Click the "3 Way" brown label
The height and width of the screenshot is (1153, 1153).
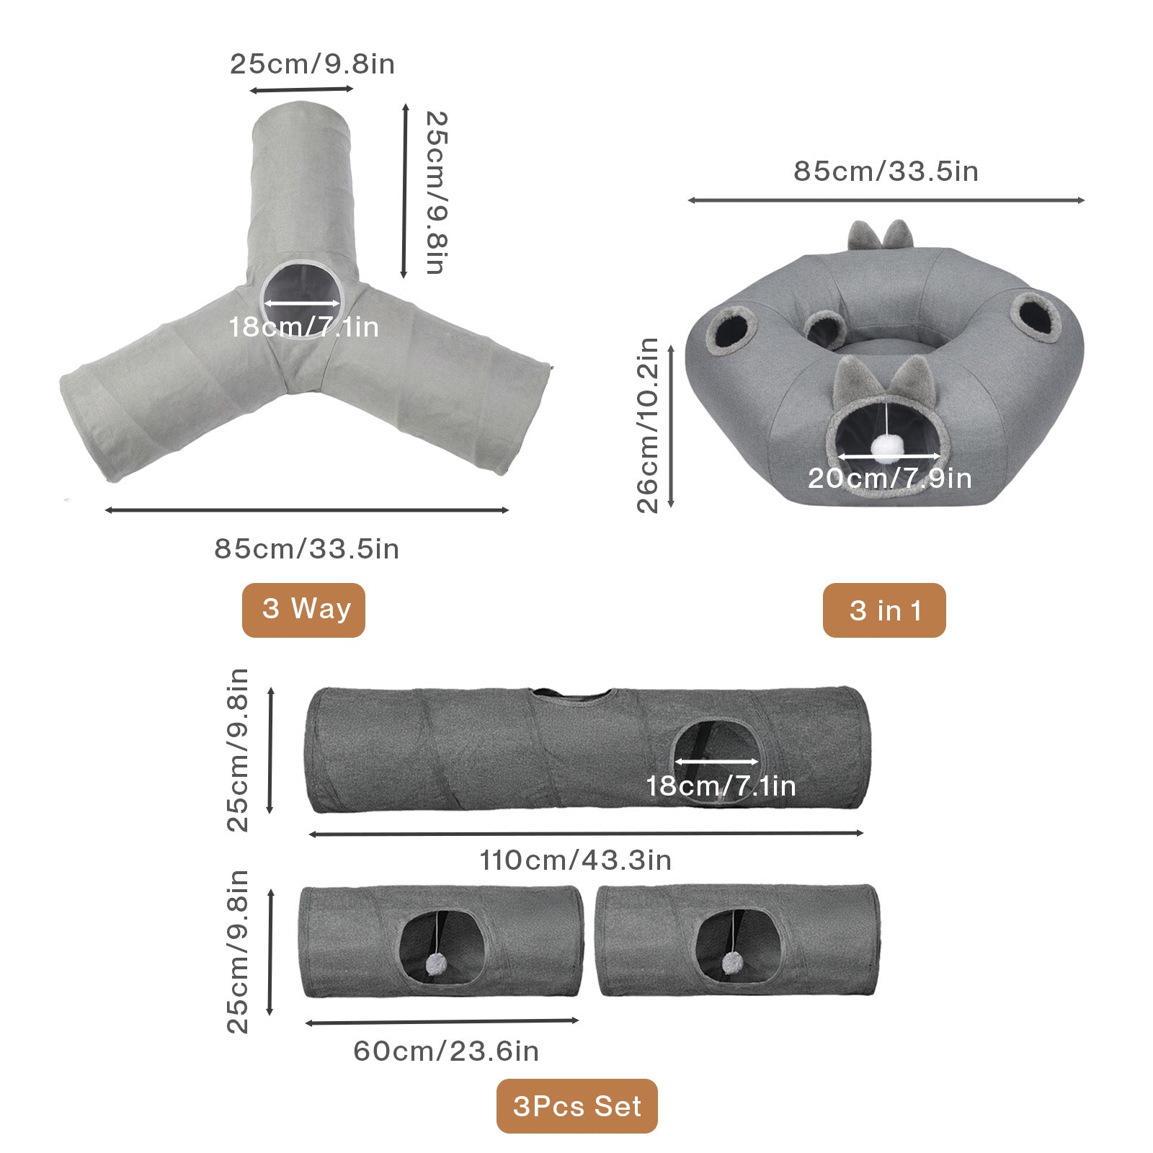point(303,610)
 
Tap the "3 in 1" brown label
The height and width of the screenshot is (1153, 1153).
point(884,610)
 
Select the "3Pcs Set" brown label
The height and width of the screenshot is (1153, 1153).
point(576,1106)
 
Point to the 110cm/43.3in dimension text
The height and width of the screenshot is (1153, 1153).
point(576,860)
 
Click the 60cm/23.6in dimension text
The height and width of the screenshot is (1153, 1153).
point(446,1051)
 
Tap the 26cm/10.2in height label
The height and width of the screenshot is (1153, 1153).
point(648,425)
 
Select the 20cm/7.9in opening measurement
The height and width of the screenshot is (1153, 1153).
point(889,478)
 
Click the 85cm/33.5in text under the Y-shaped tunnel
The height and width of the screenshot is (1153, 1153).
point(306,548)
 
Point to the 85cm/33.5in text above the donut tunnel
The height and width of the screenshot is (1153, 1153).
point(886,171)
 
